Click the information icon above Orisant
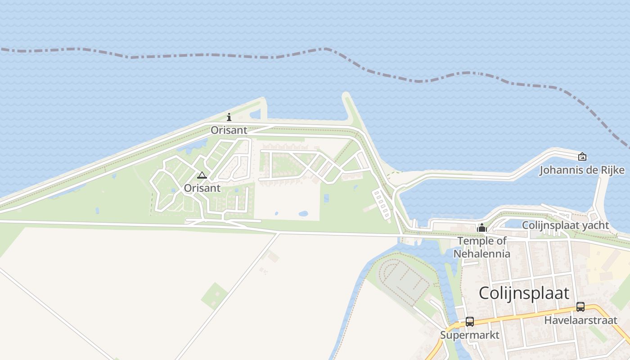tap(229, 117)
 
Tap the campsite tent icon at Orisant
tap(202, 175)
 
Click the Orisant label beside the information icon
tap(229, 130)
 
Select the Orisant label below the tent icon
tap(202, 188)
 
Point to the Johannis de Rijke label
tap(582, 170)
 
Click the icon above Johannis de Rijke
tap(582, 157)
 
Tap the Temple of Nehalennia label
tap(482, 247)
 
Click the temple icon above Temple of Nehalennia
tap(482, 228)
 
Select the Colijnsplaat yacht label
tap(565, 225)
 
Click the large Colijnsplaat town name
tap(524, 293)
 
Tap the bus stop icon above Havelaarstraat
tap(580, 307)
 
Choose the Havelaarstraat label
tap(580, 320)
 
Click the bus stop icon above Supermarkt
tap(470, 322)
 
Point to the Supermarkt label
tap(470, 335)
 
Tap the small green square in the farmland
tap(215, 296)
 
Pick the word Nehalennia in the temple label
tap(482, 253)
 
